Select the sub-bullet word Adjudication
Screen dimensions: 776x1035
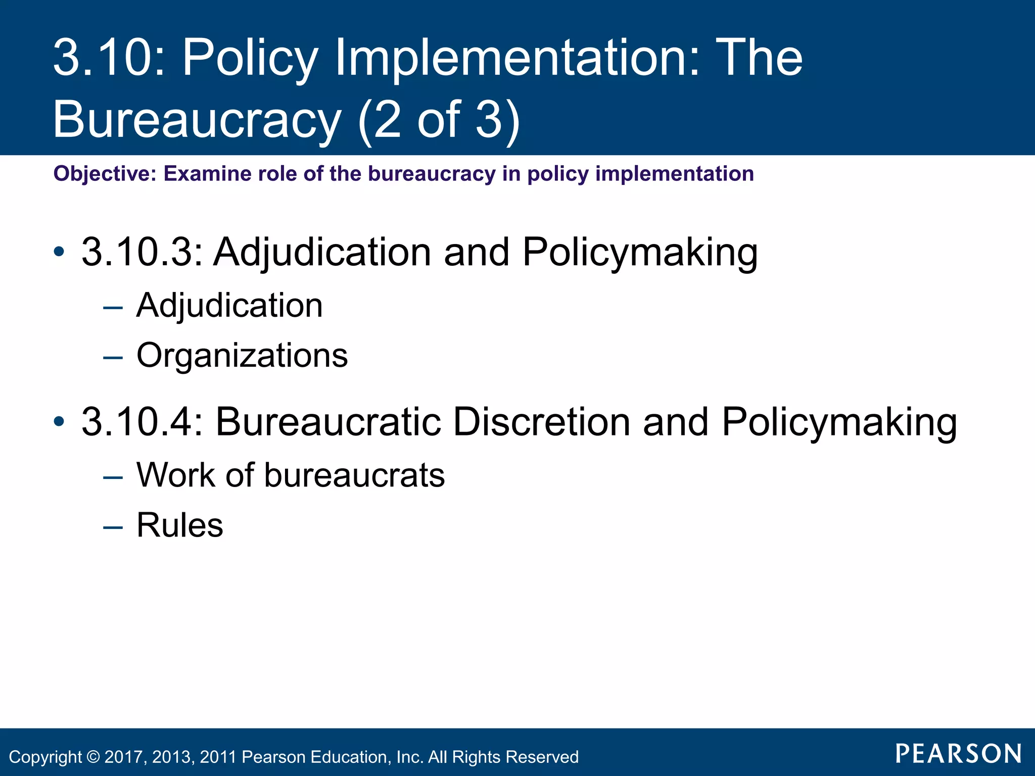pos(229,306)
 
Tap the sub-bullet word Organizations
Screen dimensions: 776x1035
pos(242,355)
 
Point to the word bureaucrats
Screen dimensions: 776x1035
pos(354,475)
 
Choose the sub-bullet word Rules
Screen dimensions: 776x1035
pos(180,525)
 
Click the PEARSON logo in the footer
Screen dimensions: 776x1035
pos(959,754)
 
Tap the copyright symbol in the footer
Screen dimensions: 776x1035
pos(93,757)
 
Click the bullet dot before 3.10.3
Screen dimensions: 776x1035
pos(59,252)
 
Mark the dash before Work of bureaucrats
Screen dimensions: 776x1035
pos(113,477)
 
